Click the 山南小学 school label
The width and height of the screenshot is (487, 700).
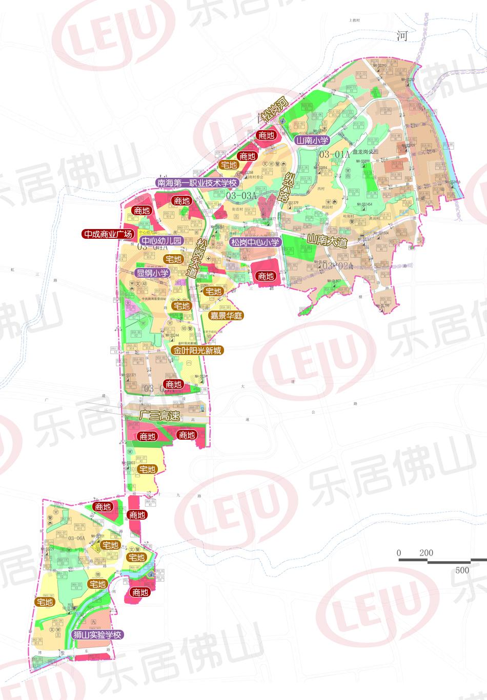313,139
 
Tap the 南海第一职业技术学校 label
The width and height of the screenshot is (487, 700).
198,182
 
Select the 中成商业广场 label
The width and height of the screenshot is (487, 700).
109,234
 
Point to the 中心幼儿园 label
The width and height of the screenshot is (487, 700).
161,241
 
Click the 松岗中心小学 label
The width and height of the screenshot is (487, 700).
255,242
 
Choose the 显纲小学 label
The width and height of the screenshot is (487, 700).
152,273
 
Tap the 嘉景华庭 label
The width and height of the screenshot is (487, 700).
226,315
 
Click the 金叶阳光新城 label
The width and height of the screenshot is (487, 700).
198,351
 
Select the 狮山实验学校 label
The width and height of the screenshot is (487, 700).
97,634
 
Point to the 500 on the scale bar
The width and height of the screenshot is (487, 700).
462,570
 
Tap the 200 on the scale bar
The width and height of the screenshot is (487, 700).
426,553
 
